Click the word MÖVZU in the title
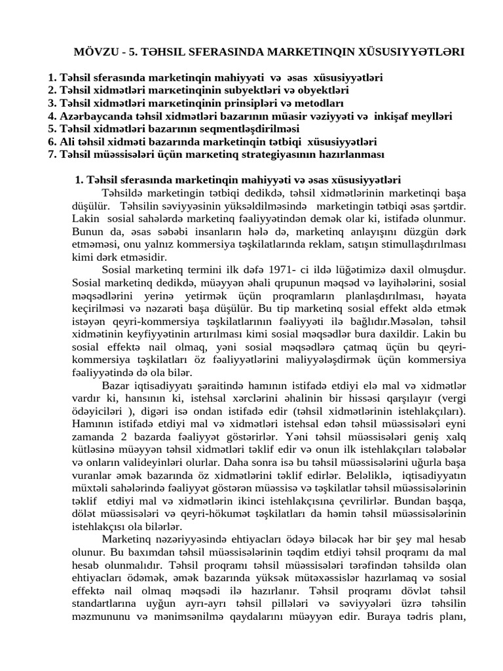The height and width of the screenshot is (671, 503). click(x=92, y=52)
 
